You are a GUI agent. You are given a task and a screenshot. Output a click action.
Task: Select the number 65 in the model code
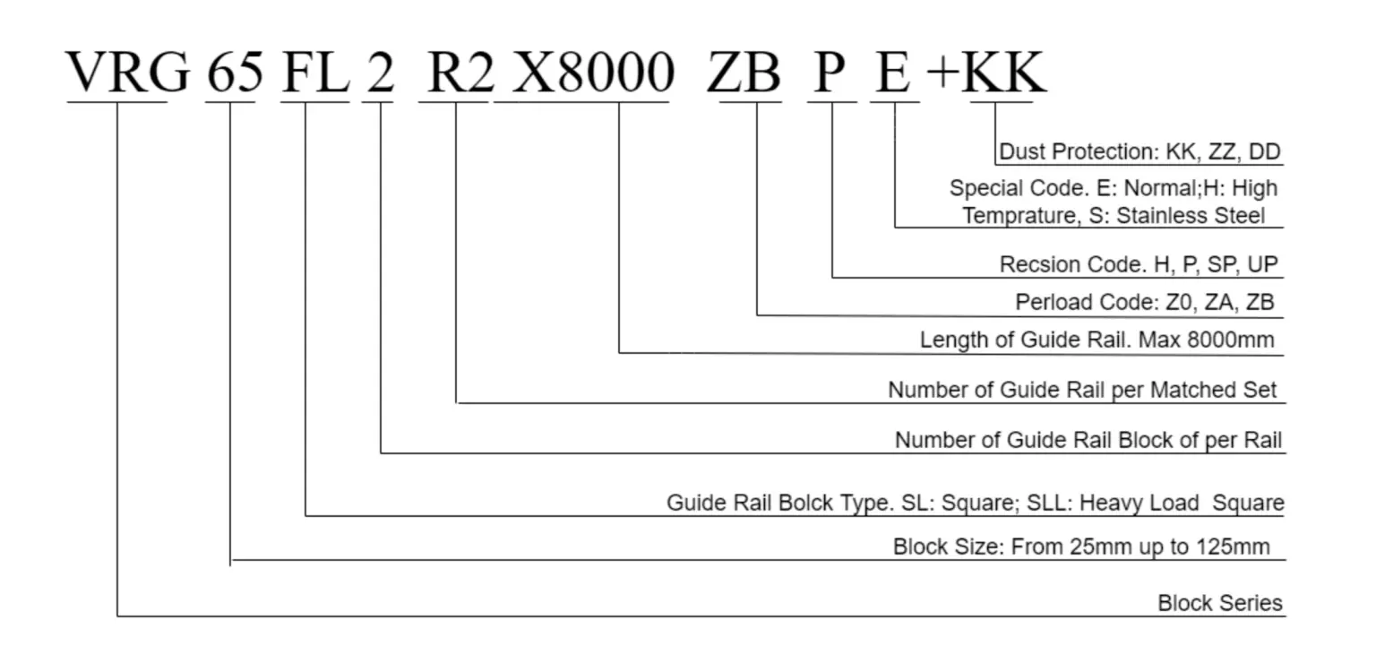click(235, 73)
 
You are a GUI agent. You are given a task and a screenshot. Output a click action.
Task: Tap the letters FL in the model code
click(314, 73)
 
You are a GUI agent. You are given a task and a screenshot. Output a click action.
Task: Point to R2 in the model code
click(459, 73)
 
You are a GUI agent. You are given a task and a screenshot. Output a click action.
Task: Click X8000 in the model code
click(592, 73)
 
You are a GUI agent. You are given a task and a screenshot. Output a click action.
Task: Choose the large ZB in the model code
click(744, 73)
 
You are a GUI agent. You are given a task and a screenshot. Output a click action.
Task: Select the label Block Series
click(1219, 603)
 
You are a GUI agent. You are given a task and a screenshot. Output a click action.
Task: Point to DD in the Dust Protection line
click(1266, 152)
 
